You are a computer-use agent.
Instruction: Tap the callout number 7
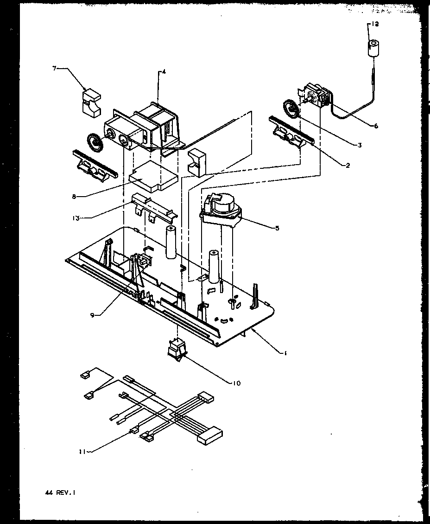[54, 69]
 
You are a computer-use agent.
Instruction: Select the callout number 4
[163, 72]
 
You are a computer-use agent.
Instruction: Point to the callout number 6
[376, 126]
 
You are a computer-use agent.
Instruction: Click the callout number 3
[360, 145]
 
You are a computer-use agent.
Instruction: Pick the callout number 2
[348, 166]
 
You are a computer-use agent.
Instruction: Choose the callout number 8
[74, 196]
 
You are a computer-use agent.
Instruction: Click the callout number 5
[277, 228]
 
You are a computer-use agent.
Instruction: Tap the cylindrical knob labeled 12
[373, 48]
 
